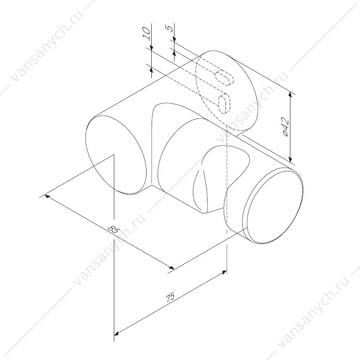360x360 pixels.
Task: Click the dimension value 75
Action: click(170, 297)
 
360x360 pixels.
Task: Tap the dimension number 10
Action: click(146, 34)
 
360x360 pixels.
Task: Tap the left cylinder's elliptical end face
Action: click(116, 155)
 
